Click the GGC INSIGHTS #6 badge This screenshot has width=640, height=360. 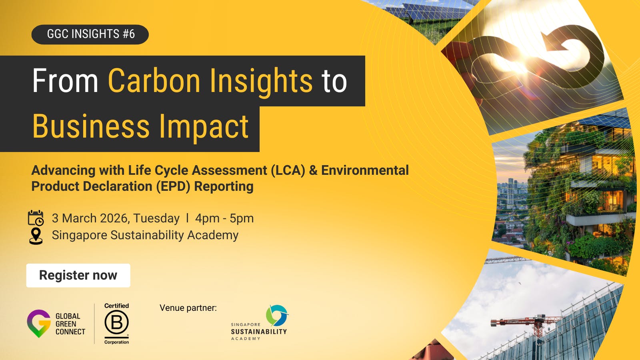[x=90, y=34]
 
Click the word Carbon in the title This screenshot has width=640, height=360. [x=154, y=81]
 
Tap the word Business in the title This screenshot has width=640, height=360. [x=91, y=127]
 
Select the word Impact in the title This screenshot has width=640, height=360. [x=204, y=127]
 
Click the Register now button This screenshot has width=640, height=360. [x=78, y=275]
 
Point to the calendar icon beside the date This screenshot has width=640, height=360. [x=36, y=218]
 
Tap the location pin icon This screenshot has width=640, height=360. [x=36, y=236]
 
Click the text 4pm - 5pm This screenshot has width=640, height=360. [x=224, y=218]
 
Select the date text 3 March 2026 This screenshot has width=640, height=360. [x=90, y=218]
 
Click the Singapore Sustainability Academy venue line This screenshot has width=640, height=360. [x=145, y=235]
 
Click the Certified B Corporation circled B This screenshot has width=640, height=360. [x=116, y=322]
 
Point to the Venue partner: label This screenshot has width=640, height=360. [x=188, y=308]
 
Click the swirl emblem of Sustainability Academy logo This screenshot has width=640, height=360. [x=277, y=315]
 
